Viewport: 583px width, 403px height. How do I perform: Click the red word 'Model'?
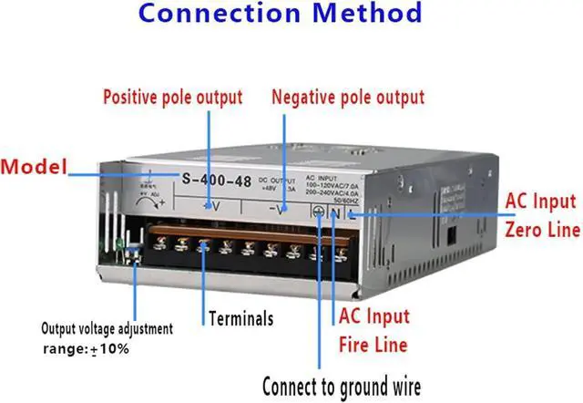(36, 168)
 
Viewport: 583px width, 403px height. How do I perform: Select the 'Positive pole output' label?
(173, 97)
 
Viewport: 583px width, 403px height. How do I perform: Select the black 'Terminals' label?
(241, 319)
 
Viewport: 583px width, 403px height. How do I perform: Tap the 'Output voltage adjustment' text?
(108, 327)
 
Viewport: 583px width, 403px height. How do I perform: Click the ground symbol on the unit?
(319, 212)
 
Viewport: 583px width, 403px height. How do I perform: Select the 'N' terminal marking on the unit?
(334, 213)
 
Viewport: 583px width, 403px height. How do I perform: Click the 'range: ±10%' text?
(86, 349)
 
